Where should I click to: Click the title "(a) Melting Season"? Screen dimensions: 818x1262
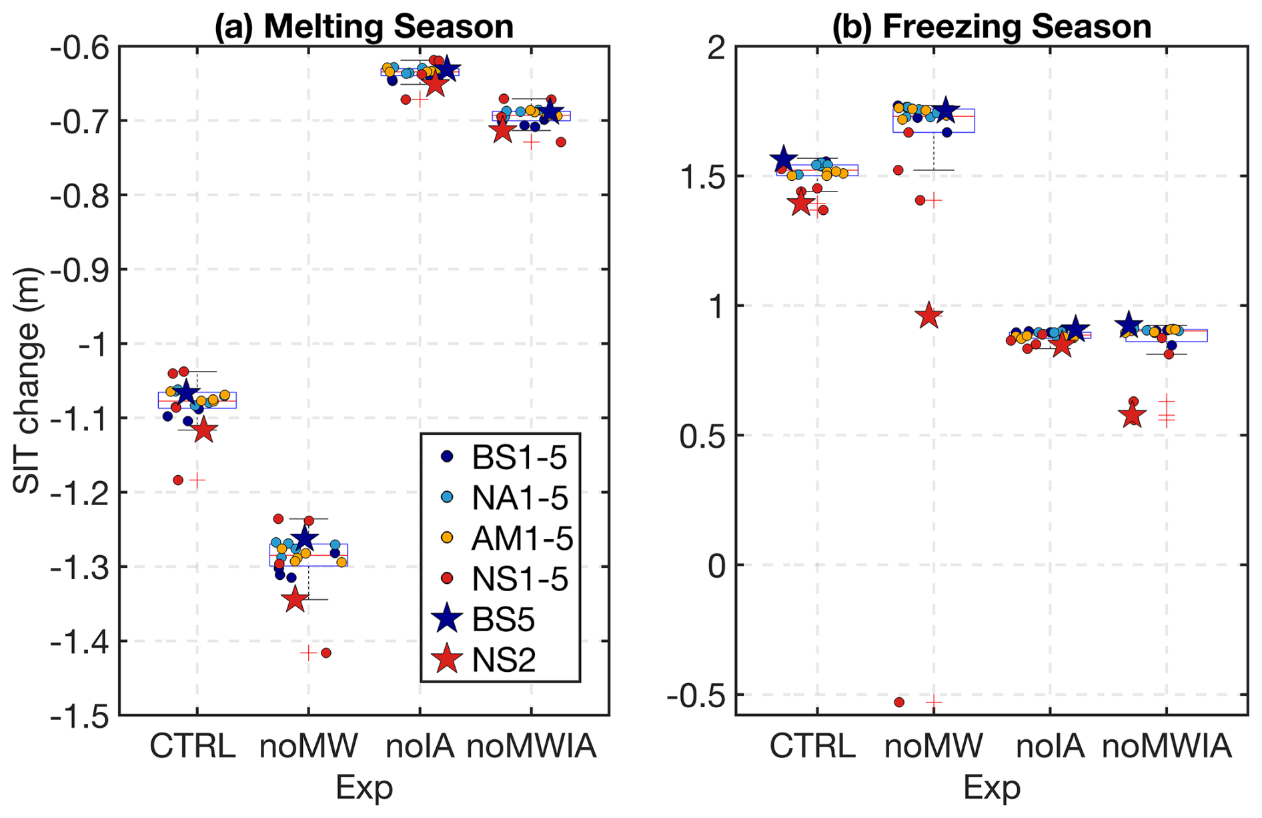(364, 27)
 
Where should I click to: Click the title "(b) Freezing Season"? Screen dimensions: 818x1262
(991, 27)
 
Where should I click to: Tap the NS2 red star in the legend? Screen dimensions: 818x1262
(447, 660)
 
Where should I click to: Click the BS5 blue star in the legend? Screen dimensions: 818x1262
(447, 619)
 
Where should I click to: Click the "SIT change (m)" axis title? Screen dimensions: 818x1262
(28, 381)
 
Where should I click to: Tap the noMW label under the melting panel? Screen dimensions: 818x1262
(308, 745)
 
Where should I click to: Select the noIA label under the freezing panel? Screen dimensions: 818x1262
(1050, 745)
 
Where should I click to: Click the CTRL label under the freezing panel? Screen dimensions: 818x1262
(812, 745)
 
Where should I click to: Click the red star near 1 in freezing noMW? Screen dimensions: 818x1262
(929, 316)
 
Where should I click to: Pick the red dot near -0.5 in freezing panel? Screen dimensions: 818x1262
(899, 702)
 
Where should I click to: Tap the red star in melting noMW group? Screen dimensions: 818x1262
(295, 599)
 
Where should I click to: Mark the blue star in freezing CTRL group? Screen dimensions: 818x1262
(784, 159)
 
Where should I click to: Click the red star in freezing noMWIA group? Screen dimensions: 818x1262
(1132, 416)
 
